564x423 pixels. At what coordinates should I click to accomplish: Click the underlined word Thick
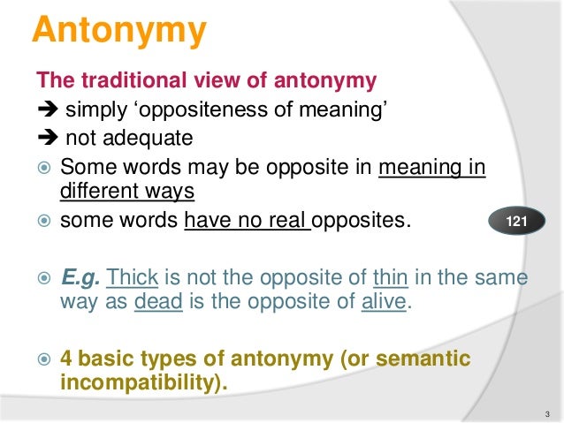132,278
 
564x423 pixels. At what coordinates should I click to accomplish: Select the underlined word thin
389,278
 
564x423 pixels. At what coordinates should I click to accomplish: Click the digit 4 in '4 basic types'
66,359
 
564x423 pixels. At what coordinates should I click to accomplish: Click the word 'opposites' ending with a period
363,216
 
